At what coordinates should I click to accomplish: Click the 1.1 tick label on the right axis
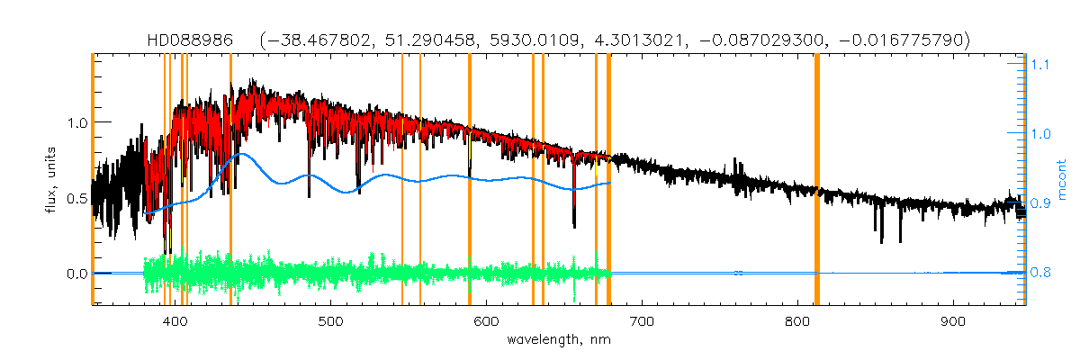(x=1040, y=65)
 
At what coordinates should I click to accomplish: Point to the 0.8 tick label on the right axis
(x=1040, y=273)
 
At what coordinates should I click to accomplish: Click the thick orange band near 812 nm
(x=817, y=180)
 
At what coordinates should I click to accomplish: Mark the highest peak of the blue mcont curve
(x=240, y=154)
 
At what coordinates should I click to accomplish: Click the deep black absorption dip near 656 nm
(x=574, y=216)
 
